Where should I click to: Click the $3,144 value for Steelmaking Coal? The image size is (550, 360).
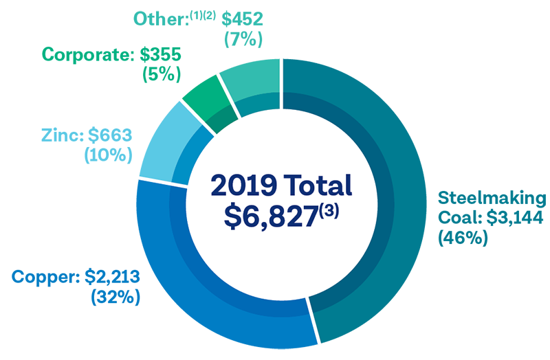click(515, 218)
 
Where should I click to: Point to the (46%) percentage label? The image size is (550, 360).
click(463, 238)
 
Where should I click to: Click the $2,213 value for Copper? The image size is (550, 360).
click(112, 277)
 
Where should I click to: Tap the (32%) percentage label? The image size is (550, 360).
click(115, 297)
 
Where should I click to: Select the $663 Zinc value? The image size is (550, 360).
click(110, 135)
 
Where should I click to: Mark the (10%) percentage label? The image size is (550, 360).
click(109, 155)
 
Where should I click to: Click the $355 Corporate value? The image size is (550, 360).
click(160, 55)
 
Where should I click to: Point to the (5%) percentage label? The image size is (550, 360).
click(162, 74)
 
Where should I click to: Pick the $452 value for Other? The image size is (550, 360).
click(242, 19)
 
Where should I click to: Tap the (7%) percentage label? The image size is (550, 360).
click(243, 39)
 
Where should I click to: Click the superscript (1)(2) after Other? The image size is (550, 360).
click(203, 15)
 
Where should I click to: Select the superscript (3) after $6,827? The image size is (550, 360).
click(329, 212)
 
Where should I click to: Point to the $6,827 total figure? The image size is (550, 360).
click(271, 217)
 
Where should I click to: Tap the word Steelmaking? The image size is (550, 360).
click(492, 199)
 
